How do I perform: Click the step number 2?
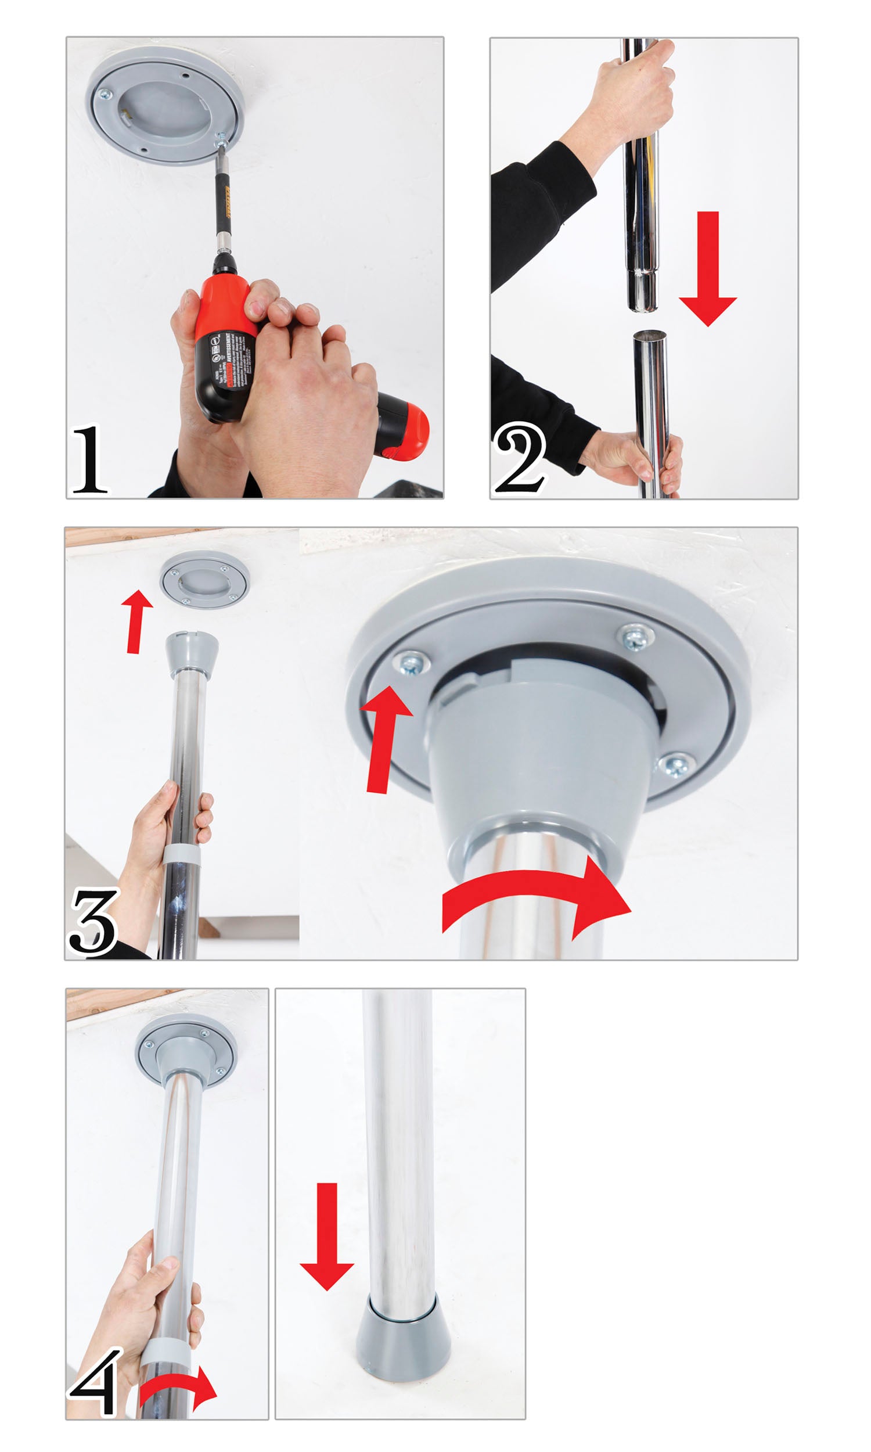click(x=520, y=459)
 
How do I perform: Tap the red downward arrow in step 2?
click(x=708, y=270)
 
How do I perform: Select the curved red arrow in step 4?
click(x=179, y=1389)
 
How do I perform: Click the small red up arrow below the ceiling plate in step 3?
click(x=137, y=621)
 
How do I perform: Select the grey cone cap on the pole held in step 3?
click(x=192, y=655)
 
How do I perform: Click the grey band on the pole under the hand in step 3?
click(x=181, y=855)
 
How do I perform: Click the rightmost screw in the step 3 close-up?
click(x=675, y=765)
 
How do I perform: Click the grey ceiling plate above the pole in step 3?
click(x=204, y=579)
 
